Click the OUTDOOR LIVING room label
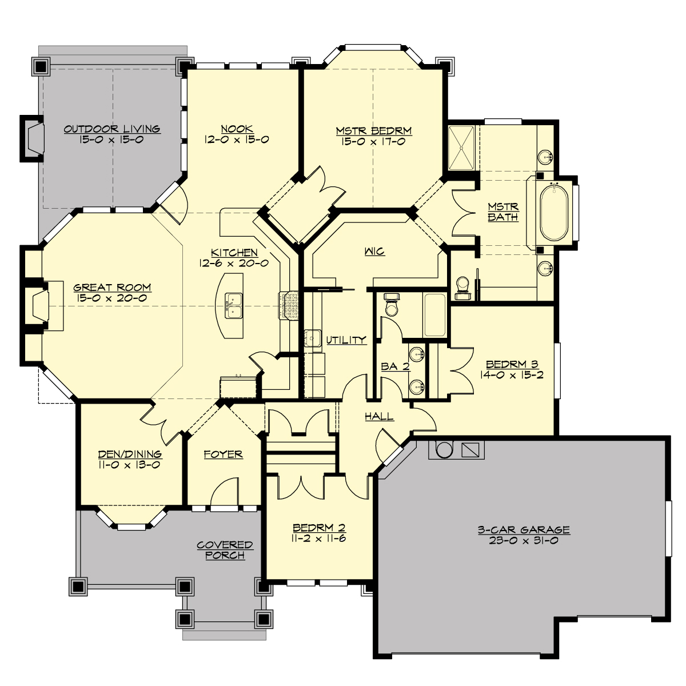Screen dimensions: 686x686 tap(111, 129)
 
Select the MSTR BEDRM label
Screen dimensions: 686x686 tap(374, 131)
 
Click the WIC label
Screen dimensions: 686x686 tap(374, 252)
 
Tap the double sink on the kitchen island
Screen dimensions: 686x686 tap(233, 306)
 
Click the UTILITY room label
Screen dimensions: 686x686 tap(346, 340)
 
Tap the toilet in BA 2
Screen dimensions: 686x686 tap(392, 306)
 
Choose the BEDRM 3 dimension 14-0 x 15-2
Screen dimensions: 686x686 tap(512, 375)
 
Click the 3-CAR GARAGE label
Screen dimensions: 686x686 tap(524, 530)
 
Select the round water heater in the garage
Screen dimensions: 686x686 tap(444, 449)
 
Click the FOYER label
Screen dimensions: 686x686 tap(224, 454)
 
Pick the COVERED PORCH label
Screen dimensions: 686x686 tap(225, 550)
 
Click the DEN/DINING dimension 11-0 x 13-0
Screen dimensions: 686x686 tap(130, 465)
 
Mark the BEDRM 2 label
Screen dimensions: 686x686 tap(319, 528)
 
